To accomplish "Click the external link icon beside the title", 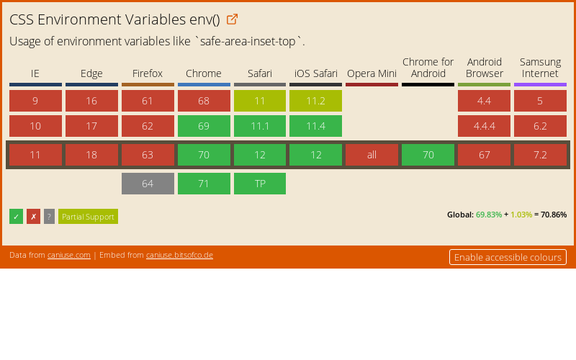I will pyautogui.click(x=232, y=19).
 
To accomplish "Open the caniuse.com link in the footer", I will pyautogui.click(x=69, y=255).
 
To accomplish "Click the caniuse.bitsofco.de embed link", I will pyautogui.click(x=179, y=255).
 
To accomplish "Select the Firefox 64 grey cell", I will pyautogui.click(x=148, y=184).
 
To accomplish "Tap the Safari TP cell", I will pyautogui.click(x=260, y=184).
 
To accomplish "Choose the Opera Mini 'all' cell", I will pyautogui.click(x=372, y=155).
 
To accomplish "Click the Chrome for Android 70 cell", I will pyautogui.click(x=428, y=155).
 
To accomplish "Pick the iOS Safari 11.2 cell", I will pyautogui.click(x=315, y=101).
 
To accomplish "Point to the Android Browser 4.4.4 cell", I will pyautogui.click(x=484, y=126).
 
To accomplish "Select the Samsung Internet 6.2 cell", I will pyautogui.click(x=540, y=126).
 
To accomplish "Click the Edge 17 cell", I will pyautogui.click(x=91, y=126).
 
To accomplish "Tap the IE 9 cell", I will pyautogui.click(x=35, y=101).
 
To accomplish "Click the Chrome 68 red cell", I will pyautogui.click(x=204, y=101).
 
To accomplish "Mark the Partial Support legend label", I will pyautogui.click(x=88, y=217).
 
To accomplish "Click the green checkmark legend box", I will pyautogui.click(x=16, y=217).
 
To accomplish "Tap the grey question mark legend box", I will pyautogui.click(x=49, y=217).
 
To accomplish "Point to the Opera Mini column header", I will pyautogui.click(x=372, y=73).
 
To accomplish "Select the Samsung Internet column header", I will pyautogui.click(x=540, y=68).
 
